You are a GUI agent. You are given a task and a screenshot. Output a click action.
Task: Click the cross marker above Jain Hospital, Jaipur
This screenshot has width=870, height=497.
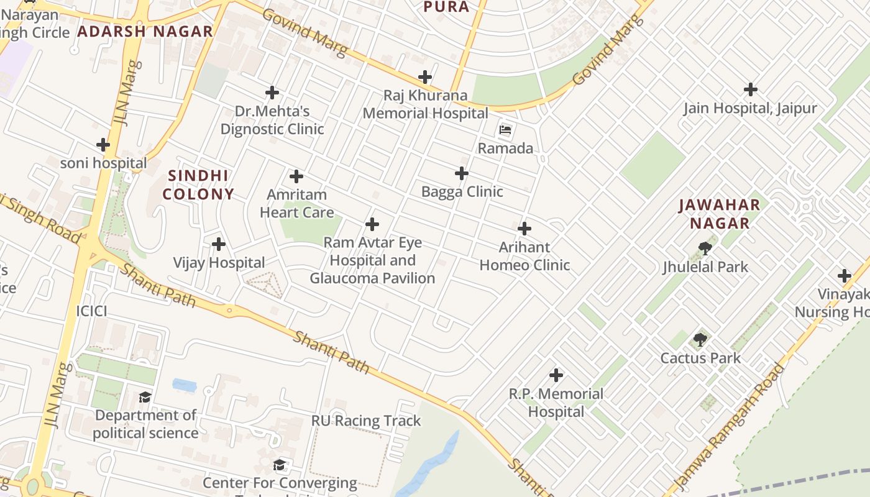tap(751, 89)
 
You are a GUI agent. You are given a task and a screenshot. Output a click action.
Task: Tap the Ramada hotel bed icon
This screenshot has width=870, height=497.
tap(505, 130)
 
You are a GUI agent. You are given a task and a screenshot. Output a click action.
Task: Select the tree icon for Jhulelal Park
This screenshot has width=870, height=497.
tap(705, 248)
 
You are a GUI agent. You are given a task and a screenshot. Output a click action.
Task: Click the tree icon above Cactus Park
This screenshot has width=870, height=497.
tap(700, 339)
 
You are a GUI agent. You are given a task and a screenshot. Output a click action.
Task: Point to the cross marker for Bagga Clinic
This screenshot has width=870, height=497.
tap(462, 173)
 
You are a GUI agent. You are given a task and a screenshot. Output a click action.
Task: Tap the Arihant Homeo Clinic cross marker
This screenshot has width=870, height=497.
tap(524, 229)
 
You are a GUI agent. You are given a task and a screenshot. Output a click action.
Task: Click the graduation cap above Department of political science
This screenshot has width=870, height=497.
tap(145, 397)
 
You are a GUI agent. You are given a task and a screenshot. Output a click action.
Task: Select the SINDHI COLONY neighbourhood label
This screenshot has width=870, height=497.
tap(198, 185)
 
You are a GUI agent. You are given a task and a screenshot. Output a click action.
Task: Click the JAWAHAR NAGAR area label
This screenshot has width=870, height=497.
tap(719, 214)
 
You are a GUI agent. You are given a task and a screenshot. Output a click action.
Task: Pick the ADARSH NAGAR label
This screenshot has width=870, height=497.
tap(145, 31)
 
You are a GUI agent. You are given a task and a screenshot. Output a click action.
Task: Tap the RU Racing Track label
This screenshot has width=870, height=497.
tap(366, 421)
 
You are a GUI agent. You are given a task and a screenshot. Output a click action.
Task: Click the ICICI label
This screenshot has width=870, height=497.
tap(91, 311)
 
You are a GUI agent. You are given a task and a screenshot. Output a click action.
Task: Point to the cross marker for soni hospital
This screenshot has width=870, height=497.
tap(103, 145)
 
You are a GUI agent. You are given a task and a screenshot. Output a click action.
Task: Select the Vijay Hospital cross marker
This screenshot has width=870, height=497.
tap(218, 244)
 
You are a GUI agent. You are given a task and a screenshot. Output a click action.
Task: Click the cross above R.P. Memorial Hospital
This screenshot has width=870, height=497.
tap(556, 375)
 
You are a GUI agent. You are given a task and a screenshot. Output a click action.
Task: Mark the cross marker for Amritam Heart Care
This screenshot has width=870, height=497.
tap(296, 176)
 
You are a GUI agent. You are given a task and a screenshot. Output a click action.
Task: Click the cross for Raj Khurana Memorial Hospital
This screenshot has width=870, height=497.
tap(425, 77)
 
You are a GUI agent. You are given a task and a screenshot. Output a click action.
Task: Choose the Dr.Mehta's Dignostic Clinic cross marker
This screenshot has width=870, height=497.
tap(272, 93)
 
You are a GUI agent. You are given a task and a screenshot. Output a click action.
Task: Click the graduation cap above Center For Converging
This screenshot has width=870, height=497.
tap(280, 465)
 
